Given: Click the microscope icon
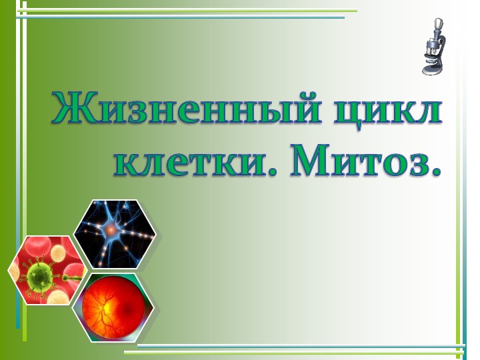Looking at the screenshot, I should pos(435,47).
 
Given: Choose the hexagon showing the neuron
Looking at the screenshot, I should pos(114,233).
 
